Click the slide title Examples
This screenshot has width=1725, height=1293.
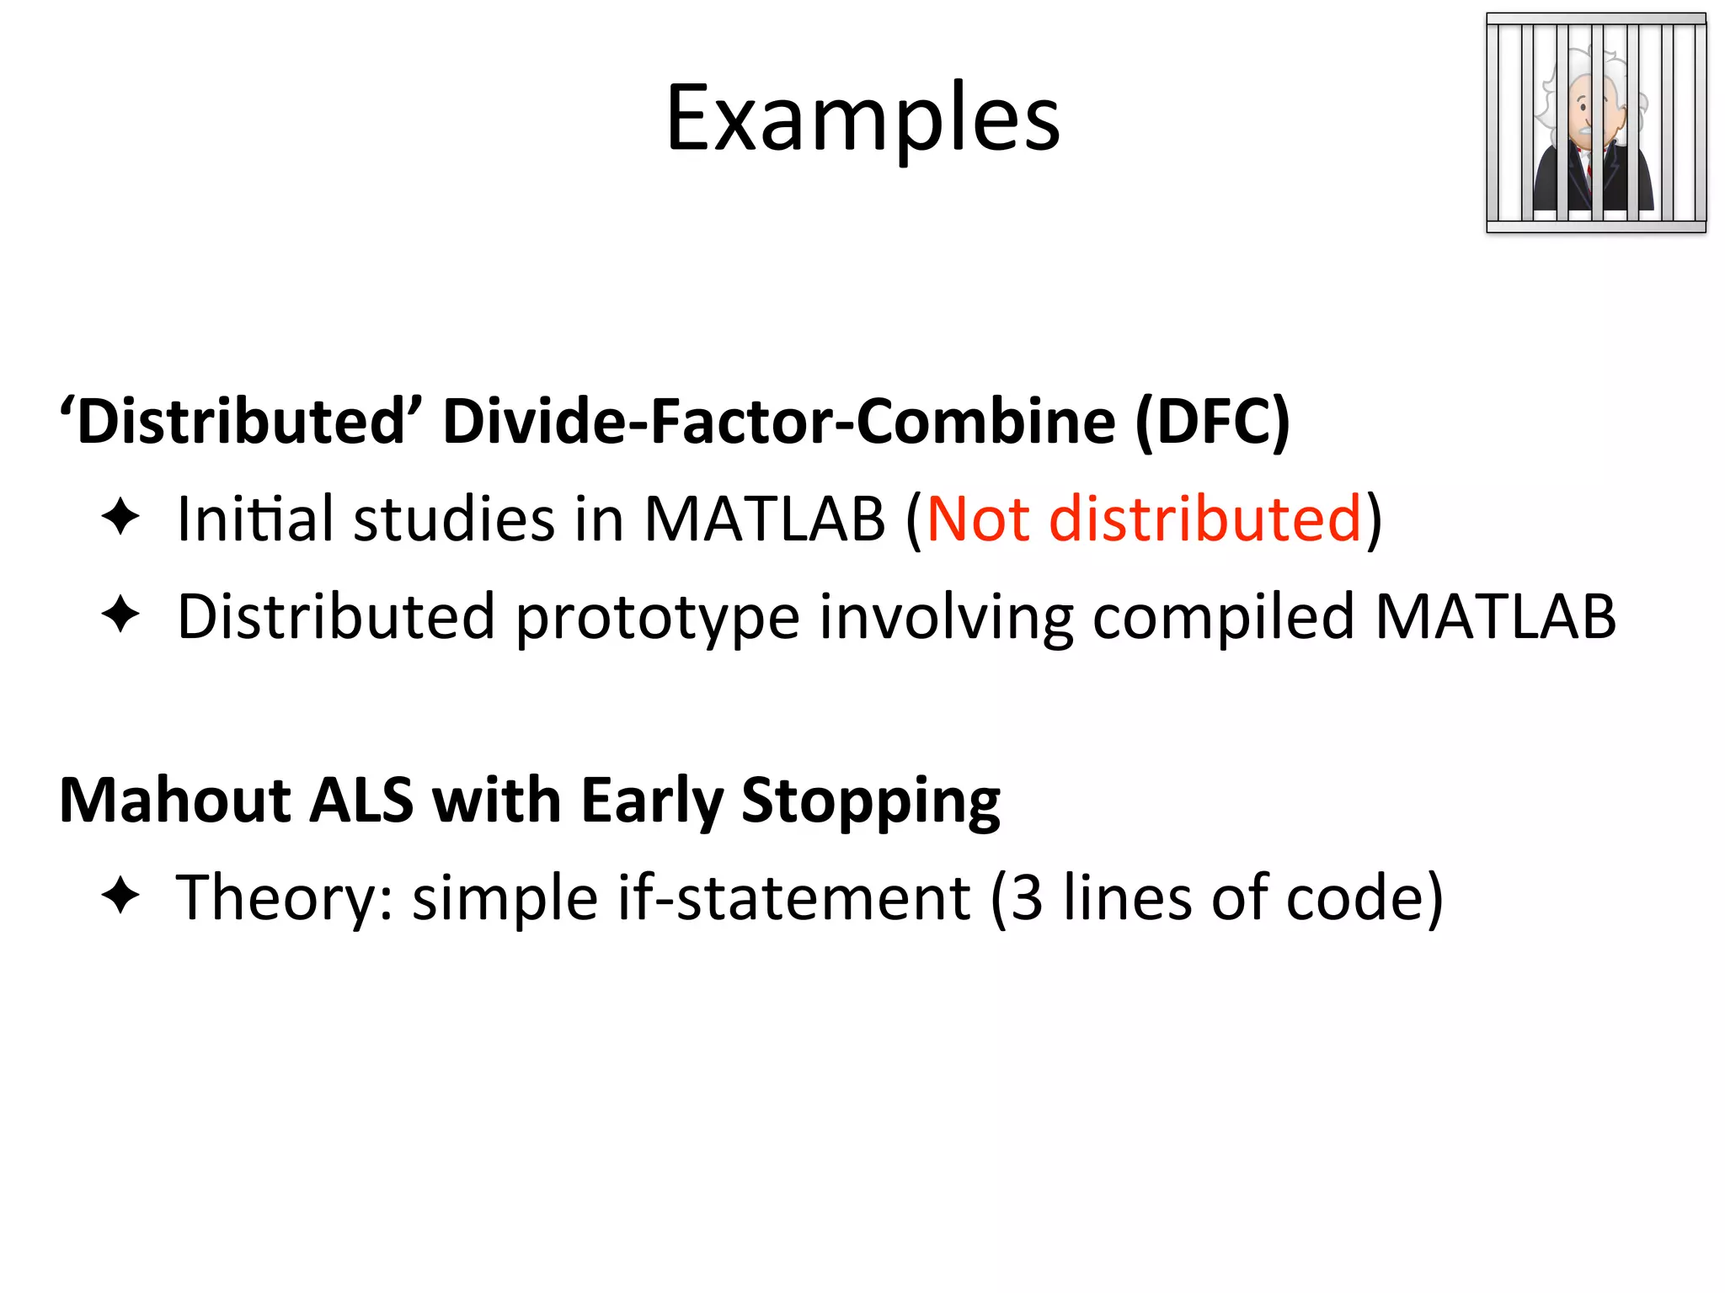[x=862, y=120]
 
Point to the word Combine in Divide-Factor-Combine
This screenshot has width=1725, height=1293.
[x=986, y=420]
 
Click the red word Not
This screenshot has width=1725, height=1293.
[x=978, y=518]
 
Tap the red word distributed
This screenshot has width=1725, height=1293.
[x=1205, y=518]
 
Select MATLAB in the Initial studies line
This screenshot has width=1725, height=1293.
[x=765, y=518]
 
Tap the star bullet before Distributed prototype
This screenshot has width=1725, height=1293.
[x=120, y=615]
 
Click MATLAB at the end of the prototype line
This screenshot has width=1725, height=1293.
[x=1495, y=616]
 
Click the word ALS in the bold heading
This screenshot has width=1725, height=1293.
[x=361, y=799]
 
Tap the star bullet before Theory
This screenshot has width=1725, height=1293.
[x=120, y=896]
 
